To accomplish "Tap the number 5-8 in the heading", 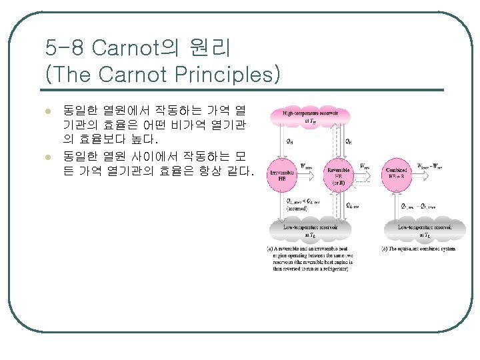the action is pos(65,48).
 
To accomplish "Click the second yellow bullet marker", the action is pos(47,157).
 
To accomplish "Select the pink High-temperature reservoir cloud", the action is pos(311,118).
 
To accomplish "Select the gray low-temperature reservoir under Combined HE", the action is pos(425,231).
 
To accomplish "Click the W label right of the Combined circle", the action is pos(431,166).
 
